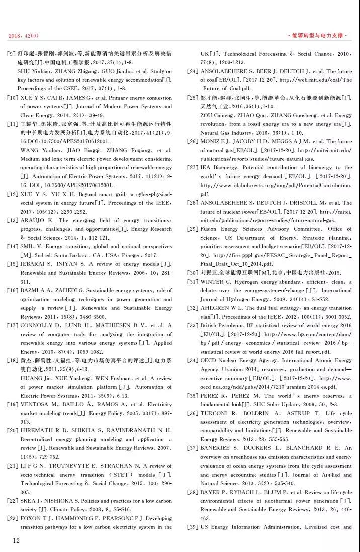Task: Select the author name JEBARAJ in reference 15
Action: point(36,264)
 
